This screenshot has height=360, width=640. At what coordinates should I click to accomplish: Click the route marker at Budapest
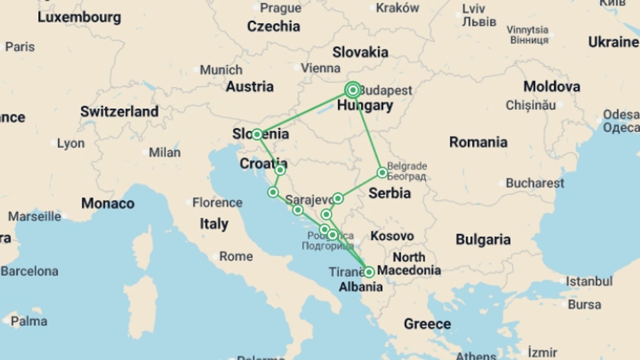click(x=353, y=90)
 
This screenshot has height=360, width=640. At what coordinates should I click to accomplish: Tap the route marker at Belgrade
click(x=382, y=173)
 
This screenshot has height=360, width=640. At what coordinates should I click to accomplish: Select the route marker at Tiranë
click(x=369, y=272)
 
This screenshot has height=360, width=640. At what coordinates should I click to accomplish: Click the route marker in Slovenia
click(x=257, y=134)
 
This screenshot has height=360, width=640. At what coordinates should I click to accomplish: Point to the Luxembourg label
click(x=79, y=17)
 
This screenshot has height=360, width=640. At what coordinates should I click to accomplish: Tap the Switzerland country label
click(x=119, y=112)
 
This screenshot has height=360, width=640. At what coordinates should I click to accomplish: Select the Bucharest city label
click(x=535, y=183)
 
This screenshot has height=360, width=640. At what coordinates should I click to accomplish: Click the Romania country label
click(x=478, y=142)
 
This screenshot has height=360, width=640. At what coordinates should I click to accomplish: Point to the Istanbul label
click(x=589, y=281)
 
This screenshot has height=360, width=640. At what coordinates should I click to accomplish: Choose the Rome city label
click(x=236, y=256)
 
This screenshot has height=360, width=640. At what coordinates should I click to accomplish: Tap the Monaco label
click(x=108, y=203)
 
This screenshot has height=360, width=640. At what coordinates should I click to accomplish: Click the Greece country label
click(x=427, y=324)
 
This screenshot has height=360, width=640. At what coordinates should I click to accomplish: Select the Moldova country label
click(x=552, y=87)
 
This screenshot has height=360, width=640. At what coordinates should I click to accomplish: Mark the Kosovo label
click(x=392, y=236)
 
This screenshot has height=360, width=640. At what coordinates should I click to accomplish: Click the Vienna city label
click(x=320, y=68)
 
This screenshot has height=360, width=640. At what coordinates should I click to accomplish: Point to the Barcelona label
click(x=29, y=271)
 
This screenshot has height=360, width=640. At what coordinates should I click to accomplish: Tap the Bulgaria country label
click(x=483, y=239)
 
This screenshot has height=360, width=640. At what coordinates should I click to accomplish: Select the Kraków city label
click(x=397, y=8)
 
